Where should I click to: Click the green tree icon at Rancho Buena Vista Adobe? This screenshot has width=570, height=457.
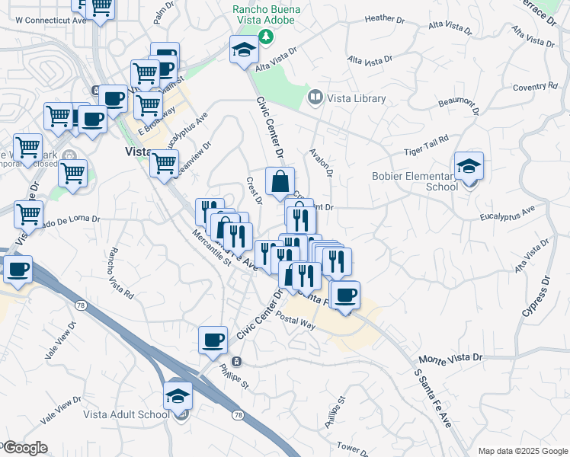[x=265, y=37]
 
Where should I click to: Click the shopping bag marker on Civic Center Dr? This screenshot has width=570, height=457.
[x=280, y=183]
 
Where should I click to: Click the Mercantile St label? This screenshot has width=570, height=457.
[x=211, y=251]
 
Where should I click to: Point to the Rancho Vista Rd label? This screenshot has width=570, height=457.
[x=120, y=272]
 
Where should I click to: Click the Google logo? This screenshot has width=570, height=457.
[x=24, y=448]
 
